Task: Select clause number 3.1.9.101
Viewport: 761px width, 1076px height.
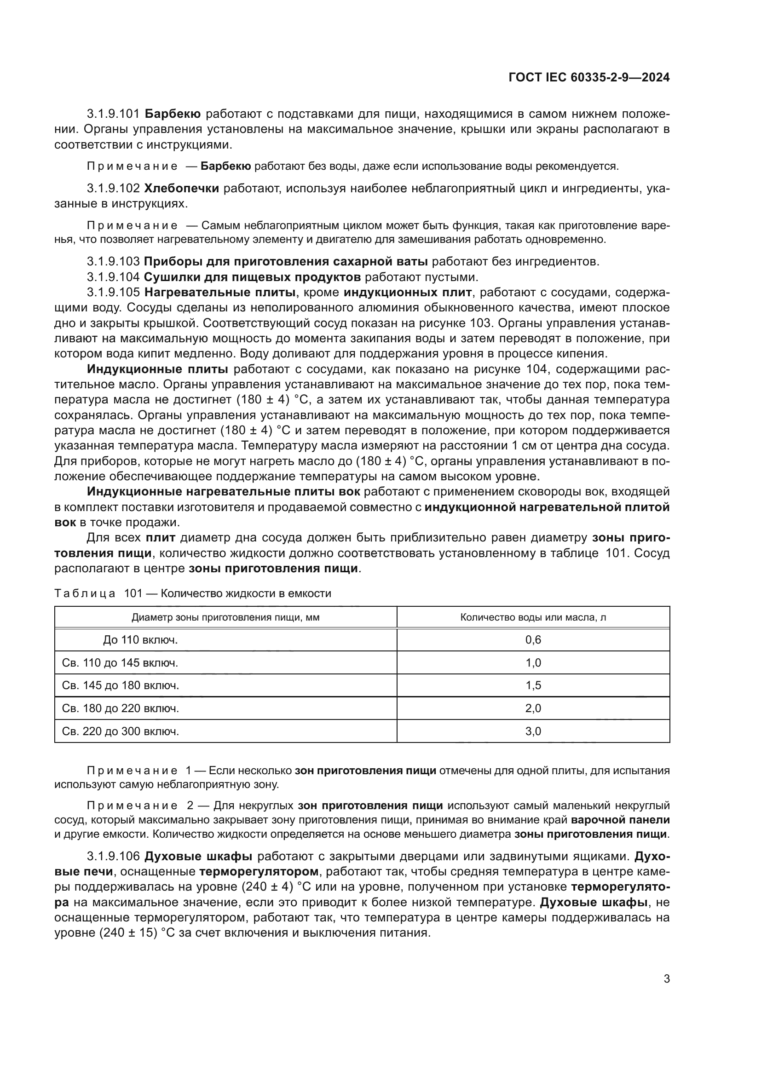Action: tap(113, 114)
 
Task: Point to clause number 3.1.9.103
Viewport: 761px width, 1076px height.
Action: tap(113, 261)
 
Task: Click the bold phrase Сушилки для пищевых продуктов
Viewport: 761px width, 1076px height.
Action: tap(253, 277)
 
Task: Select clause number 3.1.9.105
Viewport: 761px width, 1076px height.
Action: tap(113, 293)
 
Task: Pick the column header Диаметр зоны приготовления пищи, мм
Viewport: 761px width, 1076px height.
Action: tap(225, 617)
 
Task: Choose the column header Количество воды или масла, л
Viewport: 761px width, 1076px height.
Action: tap(533, 617)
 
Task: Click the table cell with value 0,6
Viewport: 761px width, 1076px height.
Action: tap(533, 640)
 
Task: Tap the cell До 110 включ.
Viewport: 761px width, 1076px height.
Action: tap(141, 640)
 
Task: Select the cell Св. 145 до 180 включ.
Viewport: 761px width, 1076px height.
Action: tap(121, 685)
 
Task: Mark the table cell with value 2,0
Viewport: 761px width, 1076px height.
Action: tap(533, 708)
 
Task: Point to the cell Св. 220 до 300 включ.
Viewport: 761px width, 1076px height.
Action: tap(121, 731)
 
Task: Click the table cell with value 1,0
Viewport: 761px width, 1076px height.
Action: tap(533, 662)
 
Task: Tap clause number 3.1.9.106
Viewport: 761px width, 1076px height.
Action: tap(113, 856)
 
